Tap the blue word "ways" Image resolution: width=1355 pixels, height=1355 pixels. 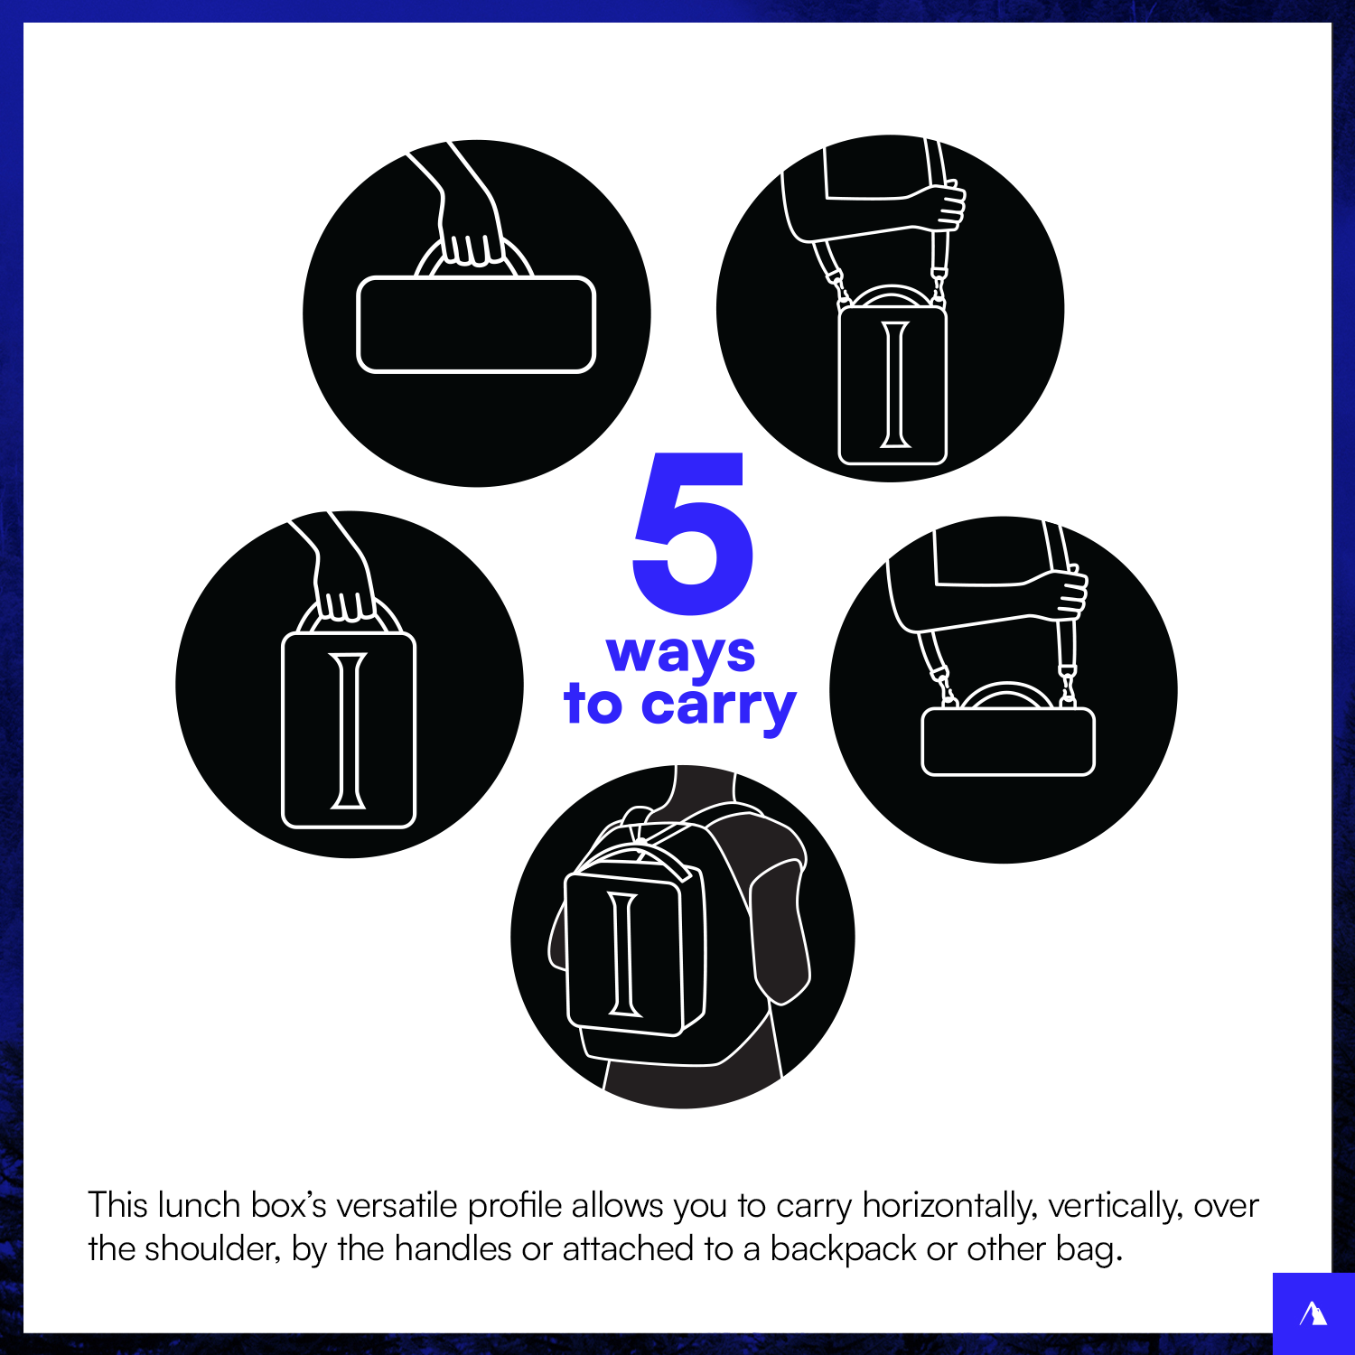680,654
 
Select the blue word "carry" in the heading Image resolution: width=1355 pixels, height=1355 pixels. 719,706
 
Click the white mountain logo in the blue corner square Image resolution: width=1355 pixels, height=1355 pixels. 1313,1313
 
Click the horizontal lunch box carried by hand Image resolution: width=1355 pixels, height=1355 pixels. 476,324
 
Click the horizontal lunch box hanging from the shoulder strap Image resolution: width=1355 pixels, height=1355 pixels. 1008,742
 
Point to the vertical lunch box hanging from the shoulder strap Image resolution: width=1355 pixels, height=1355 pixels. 892,385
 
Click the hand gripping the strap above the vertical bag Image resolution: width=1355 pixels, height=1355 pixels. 945,205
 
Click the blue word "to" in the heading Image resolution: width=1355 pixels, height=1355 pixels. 593,705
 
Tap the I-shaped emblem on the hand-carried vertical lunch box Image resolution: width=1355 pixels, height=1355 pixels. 349,730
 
